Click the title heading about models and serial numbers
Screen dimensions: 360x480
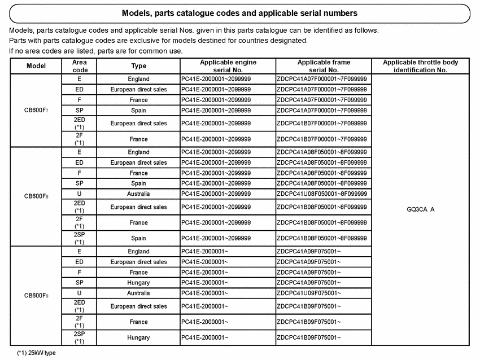(239, 12)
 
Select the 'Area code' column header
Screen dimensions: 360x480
(80, 66)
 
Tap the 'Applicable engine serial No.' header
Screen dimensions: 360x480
(228, 66)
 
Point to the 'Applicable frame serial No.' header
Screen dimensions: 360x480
(323, 66)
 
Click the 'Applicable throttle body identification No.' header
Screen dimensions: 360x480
(420, 66)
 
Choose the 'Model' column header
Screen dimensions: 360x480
(36, 66)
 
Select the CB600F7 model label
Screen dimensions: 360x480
(36, 111)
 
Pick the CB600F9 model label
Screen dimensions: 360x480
(36, 295)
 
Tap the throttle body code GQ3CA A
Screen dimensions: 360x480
(420, 209)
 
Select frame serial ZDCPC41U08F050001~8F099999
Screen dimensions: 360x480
(322, 194)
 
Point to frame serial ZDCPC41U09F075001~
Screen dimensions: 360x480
(308, 293)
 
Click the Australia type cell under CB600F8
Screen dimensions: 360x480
(138, 194)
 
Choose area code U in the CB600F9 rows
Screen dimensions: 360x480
(80, 293)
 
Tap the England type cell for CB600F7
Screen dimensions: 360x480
(138, 79)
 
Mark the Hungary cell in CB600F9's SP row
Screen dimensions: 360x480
(138, 282)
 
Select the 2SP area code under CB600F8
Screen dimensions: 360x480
(80, 238)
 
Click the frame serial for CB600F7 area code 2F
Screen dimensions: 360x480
(322, 139)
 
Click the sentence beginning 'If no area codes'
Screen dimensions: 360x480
(95, 51)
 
